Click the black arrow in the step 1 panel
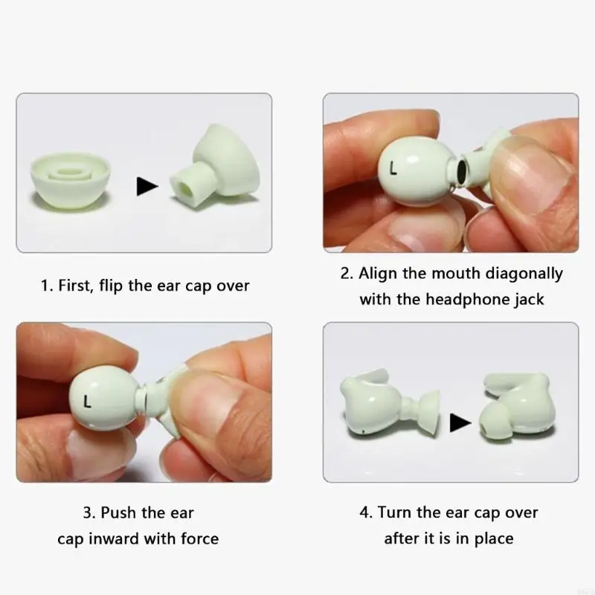click(147, 186)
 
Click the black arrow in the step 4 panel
click(460, 422)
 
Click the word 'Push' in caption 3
click(119, 512)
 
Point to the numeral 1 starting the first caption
click(45, 286)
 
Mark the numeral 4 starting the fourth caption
click(365, 512)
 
